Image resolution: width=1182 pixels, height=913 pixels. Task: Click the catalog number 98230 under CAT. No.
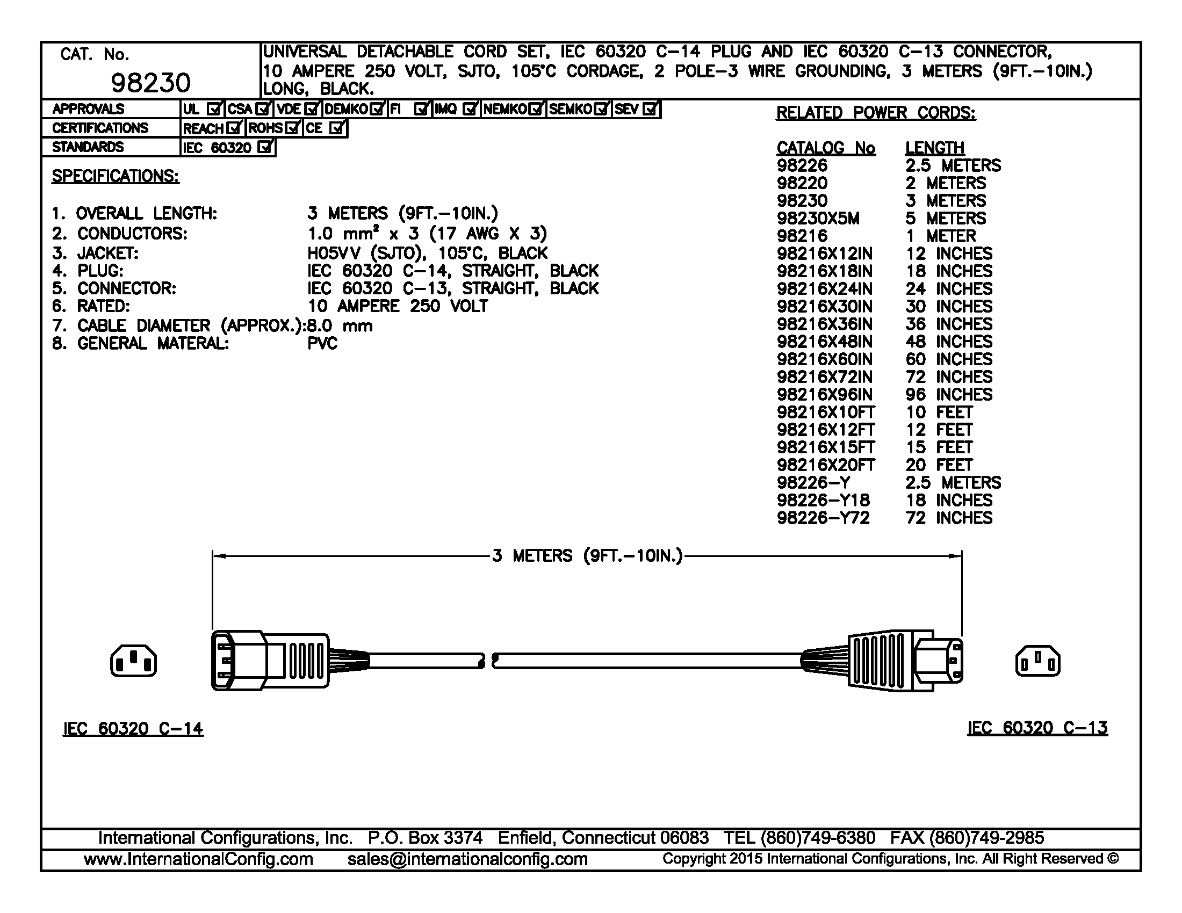150,83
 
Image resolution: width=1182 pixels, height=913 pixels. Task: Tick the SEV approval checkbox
651,109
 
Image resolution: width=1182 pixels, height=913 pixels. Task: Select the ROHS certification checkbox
293,128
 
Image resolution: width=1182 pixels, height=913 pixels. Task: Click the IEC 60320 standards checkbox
265,147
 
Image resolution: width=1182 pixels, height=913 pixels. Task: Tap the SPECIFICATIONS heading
116,176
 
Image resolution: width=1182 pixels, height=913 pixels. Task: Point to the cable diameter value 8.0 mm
340,325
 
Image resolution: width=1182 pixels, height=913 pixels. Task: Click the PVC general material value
322,344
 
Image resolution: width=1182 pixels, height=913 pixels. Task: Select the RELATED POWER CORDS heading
876,113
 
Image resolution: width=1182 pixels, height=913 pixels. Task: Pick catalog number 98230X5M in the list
818,219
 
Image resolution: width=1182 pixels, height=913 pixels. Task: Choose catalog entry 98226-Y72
823,518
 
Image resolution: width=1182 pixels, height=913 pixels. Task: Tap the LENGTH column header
935,148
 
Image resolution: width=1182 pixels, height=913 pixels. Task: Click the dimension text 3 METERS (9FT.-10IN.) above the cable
587,556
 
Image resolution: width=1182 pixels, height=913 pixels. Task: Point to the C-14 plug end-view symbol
133,661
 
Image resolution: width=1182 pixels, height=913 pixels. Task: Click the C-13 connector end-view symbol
1037,661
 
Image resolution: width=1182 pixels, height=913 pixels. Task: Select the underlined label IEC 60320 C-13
1037,728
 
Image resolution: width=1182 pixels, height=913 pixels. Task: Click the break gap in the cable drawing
489,661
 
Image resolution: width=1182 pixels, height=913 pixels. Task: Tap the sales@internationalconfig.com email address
467,859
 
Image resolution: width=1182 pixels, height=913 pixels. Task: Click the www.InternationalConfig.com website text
199,859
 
